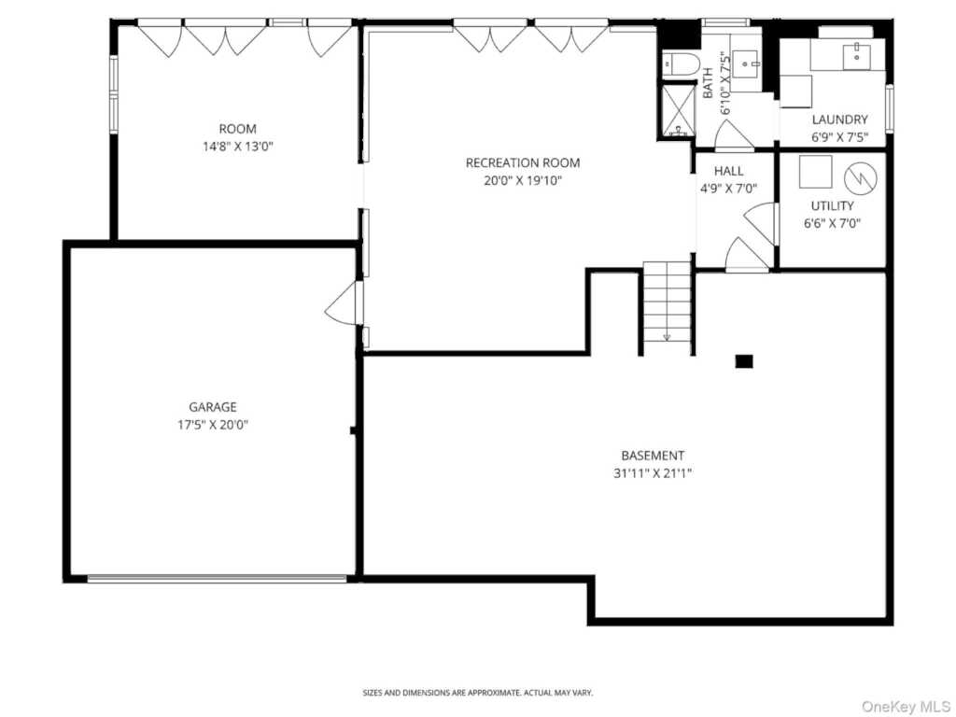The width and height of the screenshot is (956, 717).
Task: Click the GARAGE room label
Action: [x=213, y=407]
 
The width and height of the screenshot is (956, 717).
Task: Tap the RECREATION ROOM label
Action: [x=523, y=162]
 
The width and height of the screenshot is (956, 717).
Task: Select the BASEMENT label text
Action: [x=653, y=456]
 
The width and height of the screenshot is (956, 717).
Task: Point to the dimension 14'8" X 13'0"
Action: [x=238, y=147]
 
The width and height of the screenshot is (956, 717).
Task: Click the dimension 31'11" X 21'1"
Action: [x=653, y=473]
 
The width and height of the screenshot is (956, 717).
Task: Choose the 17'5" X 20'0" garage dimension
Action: [x=213, y=425]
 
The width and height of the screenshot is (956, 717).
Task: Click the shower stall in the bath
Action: [x=679, y=110]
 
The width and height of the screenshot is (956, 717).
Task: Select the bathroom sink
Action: [x=746, y=62]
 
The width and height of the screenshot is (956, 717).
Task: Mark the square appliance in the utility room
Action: [x=815, y=172]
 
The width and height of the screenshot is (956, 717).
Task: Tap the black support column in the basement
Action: [x=744, y=361]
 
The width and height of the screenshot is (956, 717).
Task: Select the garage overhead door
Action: [x=217, y=579]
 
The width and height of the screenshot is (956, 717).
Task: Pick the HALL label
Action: [x=728, y=171]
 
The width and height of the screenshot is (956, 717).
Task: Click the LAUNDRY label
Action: [x=839, y=119]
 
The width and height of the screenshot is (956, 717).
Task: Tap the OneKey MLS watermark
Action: [x=906, y=706]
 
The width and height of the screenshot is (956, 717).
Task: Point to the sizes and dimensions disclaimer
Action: [x=478, y=693]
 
